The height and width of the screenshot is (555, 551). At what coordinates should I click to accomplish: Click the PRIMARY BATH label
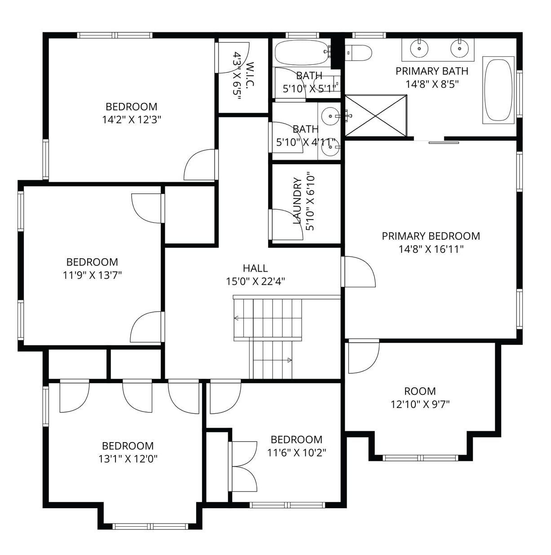point(432,71)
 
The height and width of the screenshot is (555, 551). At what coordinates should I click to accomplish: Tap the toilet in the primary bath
point(358,53)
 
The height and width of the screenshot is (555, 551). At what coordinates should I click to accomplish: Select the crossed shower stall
point(376,115)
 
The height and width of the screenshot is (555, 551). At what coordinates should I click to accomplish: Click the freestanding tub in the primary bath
point(498,90)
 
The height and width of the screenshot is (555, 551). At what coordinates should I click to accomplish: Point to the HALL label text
point(256,268)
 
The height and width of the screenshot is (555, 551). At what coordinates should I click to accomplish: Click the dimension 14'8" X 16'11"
point(431,249)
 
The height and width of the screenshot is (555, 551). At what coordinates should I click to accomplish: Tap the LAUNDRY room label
point(298,201)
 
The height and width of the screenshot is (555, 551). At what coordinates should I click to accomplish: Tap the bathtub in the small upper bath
point(301,52)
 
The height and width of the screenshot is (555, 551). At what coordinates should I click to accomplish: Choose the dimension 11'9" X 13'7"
point(93,275)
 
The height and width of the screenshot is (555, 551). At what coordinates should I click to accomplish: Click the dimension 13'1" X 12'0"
point(128,458)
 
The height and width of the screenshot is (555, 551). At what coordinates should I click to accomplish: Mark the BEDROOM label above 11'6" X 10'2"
point(296,439)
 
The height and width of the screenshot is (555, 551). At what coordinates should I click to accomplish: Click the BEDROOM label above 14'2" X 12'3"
point(132,107)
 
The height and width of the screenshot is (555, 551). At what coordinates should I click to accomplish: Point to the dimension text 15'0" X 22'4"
point(256,282)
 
